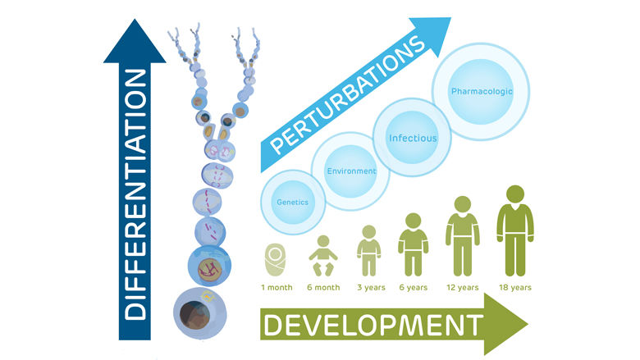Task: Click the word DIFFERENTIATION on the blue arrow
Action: point(135,194)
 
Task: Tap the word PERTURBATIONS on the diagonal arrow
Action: point(347,96)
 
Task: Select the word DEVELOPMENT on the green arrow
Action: point(373,325)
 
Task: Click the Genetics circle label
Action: point(292,203)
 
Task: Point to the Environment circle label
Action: point(351,171)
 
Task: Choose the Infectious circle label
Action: point(413,139)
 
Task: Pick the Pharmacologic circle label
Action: point(481,91)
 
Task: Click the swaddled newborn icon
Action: point(276,260)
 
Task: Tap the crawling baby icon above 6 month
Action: point(322,256)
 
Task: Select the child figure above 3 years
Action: point(369,251)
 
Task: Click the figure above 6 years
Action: point(413,244)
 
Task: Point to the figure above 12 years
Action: point(463,236)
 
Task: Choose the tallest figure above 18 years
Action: point(515,230)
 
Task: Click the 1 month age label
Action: point(277,288)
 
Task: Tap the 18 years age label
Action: point(515,288)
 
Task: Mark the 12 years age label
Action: point(463,288)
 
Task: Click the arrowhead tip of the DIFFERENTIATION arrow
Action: point(135,20)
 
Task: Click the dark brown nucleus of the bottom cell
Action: point(194,315)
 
